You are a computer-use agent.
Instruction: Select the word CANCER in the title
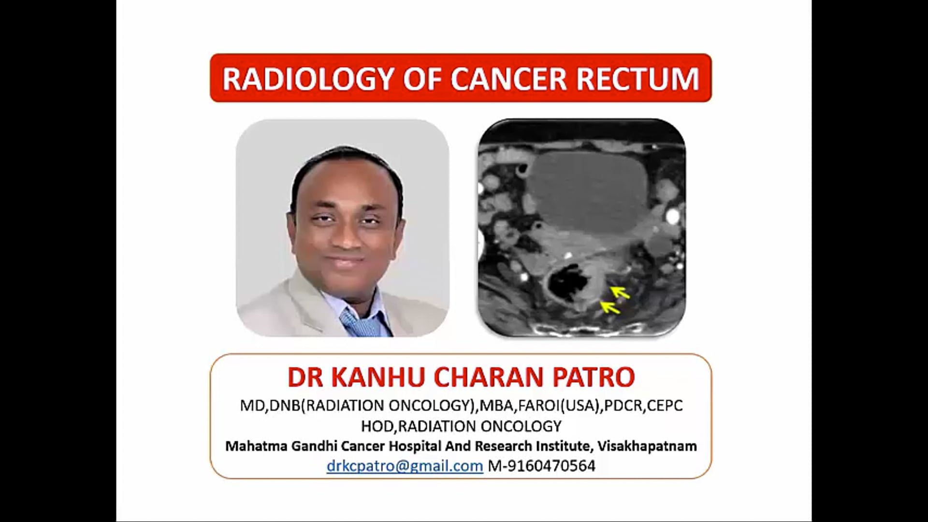click(x=508, y=79)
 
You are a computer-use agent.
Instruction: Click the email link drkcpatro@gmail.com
click(x=405, y=465)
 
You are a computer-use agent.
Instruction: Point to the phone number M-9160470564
click(x=542, y=465)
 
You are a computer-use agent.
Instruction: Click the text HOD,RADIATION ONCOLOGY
click(x=461, y=426)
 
